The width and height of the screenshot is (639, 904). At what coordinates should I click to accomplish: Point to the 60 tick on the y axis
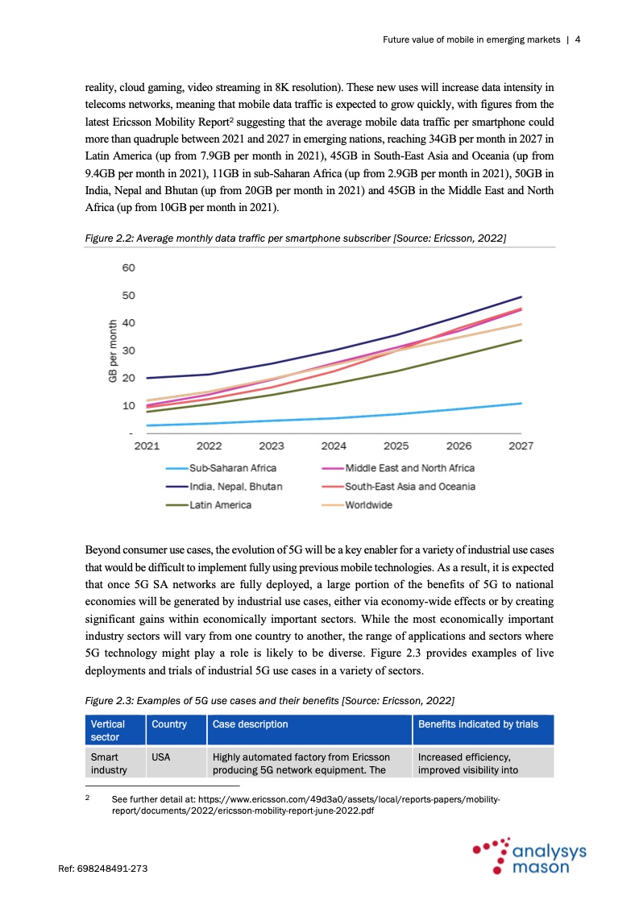tap(129, 267)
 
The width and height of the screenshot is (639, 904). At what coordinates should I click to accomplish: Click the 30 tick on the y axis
tap(129, 350)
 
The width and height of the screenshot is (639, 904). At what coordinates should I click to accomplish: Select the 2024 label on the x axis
tap(334, 446)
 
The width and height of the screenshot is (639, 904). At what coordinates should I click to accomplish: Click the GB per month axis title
tap(113, 350)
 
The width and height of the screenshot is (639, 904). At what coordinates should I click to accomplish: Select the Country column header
tap(168, 724)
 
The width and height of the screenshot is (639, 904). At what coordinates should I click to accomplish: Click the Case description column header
tap(250, 724)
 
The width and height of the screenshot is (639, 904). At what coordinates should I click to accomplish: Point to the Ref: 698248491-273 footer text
tap(102, 869)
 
